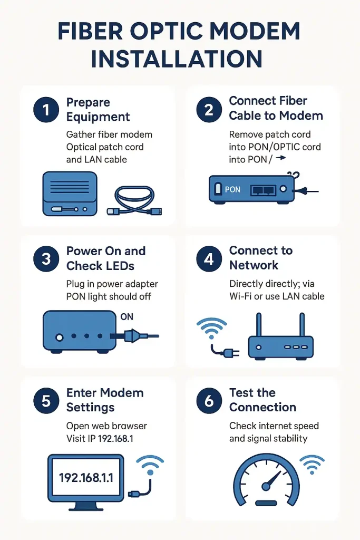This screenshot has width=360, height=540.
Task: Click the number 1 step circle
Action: tap(46, 110)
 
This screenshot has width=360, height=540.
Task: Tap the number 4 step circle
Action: tap(209, 259)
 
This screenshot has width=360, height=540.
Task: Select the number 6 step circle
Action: tap(209, 401)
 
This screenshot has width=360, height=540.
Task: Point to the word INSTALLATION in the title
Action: tap(177, 59)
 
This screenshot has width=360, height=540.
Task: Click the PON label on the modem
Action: tap(232, 189)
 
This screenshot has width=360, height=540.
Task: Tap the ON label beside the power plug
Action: tap(127, 317)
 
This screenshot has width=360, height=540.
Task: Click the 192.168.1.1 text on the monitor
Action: tap(86, 478)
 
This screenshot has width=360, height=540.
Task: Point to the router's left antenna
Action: tap(259, 324)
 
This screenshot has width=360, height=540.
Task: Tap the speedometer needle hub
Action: tap(266, 486)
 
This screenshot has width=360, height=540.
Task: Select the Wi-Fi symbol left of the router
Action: tap(211, 329)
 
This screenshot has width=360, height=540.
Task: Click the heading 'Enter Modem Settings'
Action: tap(105, 400)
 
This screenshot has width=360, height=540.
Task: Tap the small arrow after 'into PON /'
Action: tap(281, 158)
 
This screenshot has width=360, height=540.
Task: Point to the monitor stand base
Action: tap(86, 507)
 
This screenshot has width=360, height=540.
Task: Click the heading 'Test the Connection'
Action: tap(262, 400)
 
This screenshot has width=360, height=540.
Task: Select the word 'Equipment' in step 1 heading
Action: tap(98, 117)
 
